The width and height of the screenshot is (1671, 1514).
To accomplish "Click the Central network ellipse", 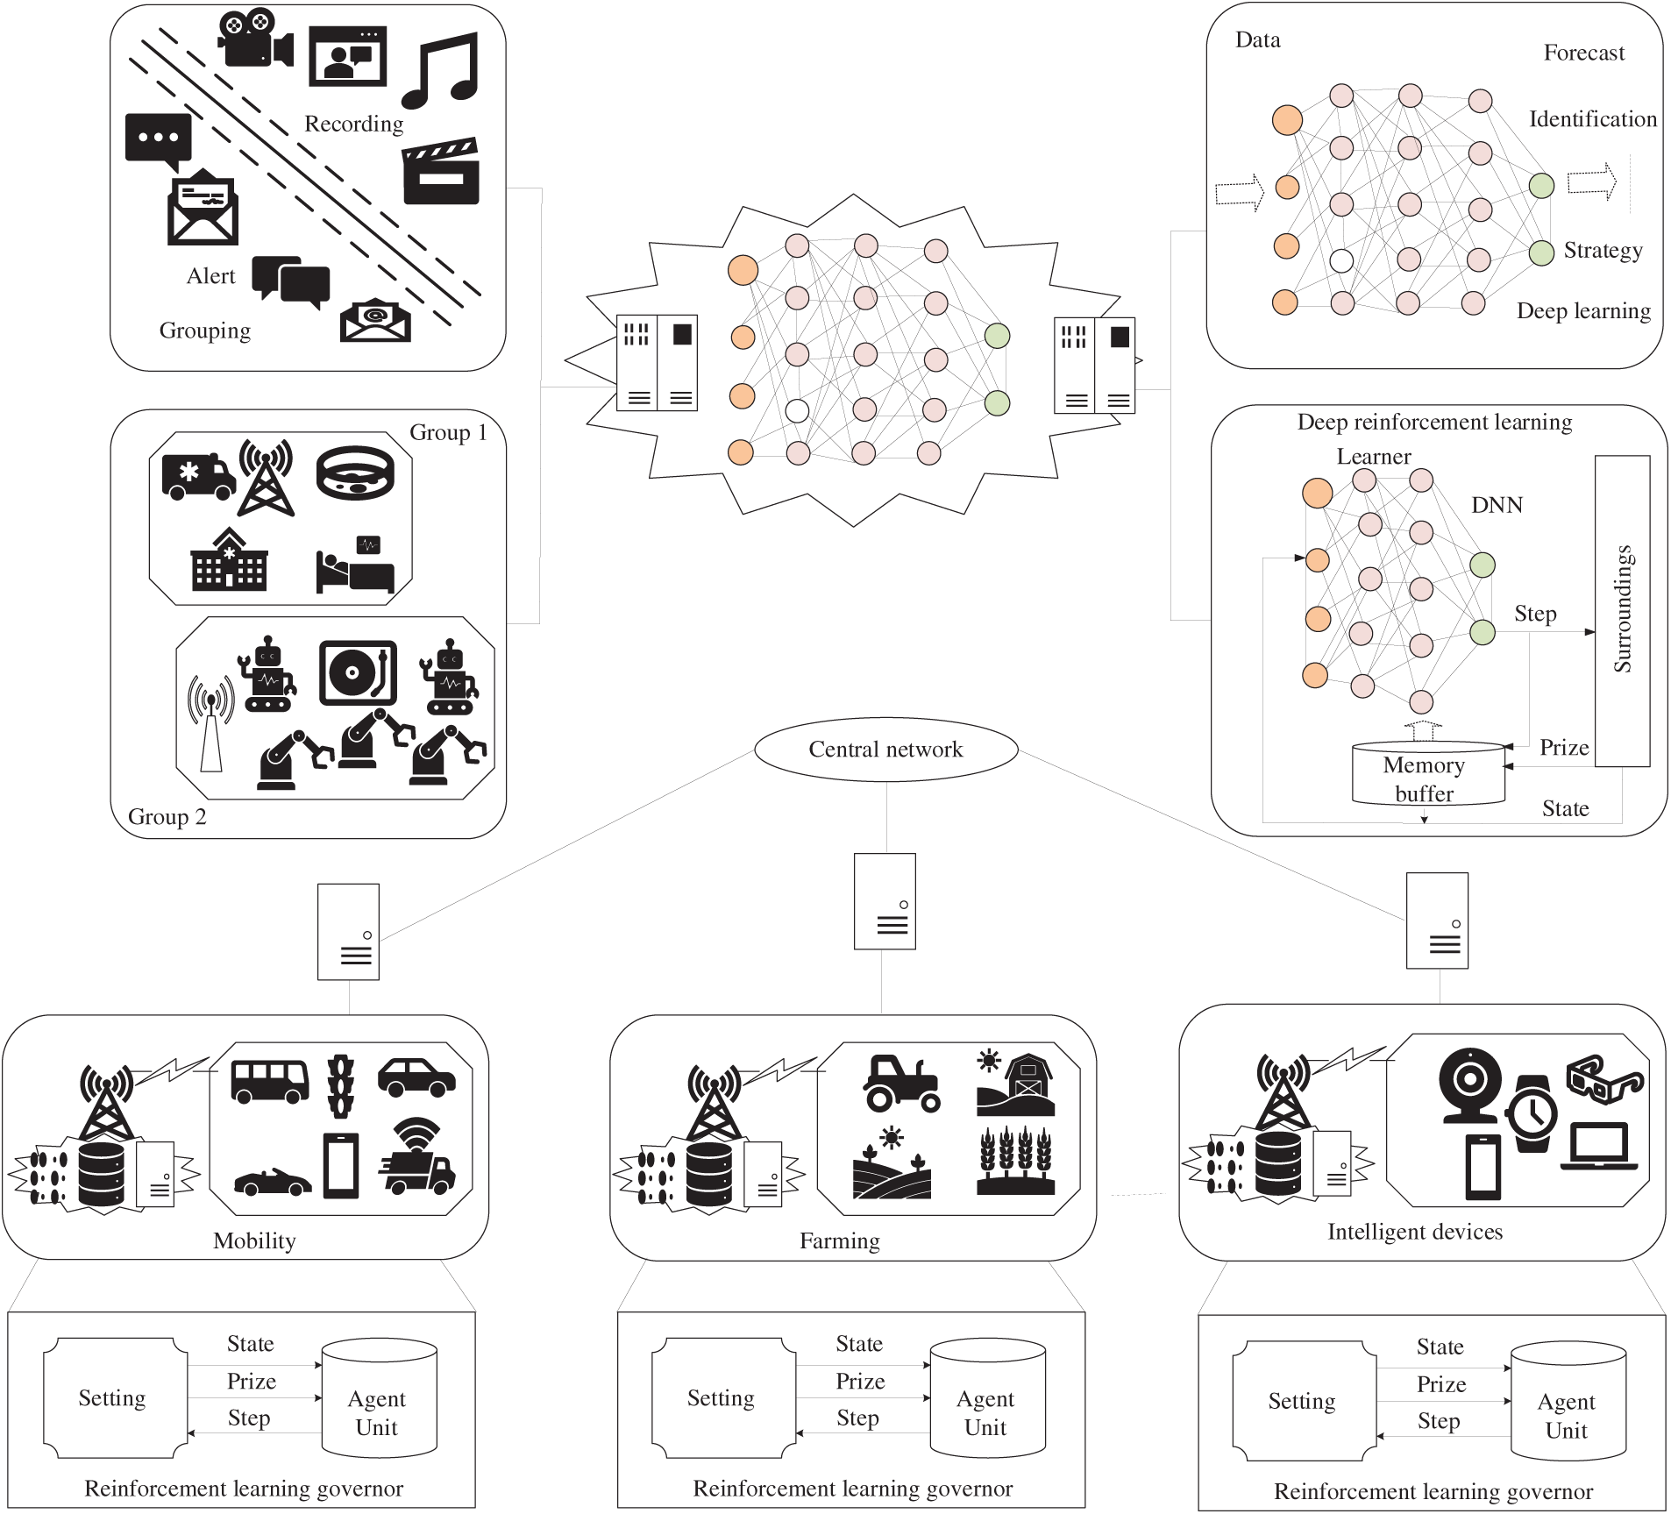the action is (885, 750).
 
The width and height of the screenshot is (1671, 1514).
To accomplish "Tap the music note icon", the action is (441, 70).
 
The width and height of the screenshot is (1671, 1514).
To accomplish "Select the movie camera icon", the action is (255, 38).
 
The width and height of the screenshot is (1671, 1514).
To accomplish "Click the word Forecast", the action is (1583, 53).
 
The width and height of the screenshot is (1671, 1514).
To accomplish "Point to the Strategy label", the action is (1603, 251).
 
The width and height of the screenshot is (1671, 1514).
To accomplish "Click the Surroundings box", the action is (1622, 611).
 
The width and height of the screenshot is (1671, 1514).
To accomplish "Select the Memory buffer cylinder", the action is (1428, 773).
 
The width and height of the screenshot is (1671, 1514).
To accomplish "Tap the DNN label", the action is (1497, 505).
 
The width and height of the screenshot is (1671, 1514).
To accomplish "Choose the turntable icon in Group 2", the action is (358, 673).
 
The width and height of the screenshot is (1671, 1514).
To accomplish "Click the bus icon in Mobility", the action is (270, 1081).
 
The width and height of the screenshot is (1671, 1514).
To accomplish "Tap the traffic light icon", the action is (341, 1085).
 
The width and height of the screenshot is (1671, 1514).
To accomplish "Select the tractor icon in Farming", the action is (902, 1083).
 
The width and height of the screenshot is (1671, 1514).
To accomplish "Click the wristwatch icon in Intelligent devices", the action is (1532, 1113).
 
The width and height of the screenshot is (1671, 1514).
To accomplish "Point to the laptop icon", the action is (1599, 1146).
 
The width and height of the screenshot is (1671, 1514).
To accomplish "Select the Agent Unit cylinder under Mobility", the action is (379, 1398).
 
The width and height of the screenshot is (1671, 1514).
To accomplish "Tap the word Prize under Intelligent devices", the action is (1441, 1384).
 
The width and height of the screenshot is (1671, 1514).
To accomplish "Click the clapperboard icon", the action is (441, 171).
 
